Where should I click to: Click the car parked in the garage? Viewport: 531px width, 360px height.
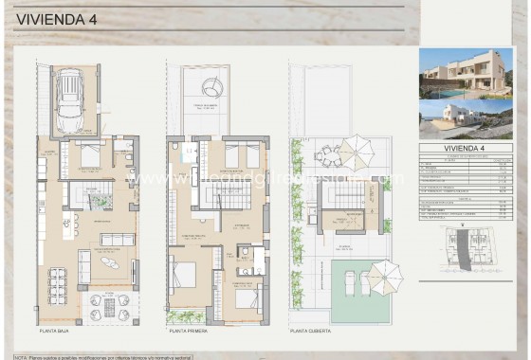[x=73, y=99]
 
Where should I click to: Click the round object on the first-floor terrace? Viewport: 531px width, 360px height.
[x=216, y=86]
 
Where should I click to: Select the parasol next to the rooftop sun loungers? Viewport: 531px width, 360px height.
[x=383, y=276]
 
